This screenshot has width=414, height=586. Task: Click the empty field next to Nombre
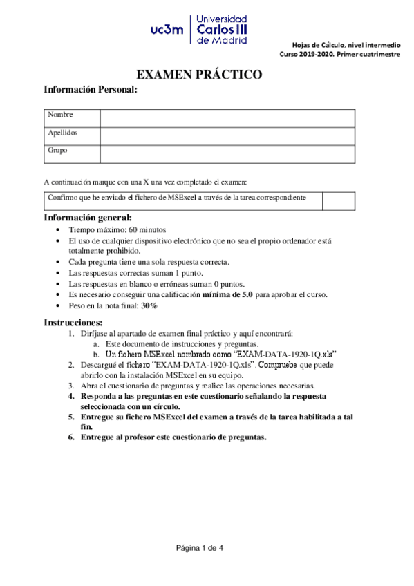click(x=227, y=117)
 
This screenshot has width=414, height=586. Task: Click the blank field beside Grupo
click(x=227, y=153)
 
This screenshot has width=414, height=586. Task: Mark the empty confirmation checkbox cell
click(x=339, y=201)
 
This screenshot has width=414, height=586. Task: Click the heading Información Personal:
click(x=91, y=90)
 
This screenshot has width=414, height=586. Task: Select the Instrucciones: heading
click(x=73, y=323)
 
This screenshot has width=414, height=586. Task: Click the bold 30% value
click(x=149, y=305)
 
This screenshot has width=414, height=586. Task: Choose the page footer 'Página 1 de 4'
click(x=200, y=548)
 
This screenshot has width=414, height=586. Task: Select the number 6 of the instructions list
click(x=71, y=437)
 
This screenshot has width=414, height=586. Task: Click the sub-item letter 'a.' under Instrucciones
click(x=95, y=343)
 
